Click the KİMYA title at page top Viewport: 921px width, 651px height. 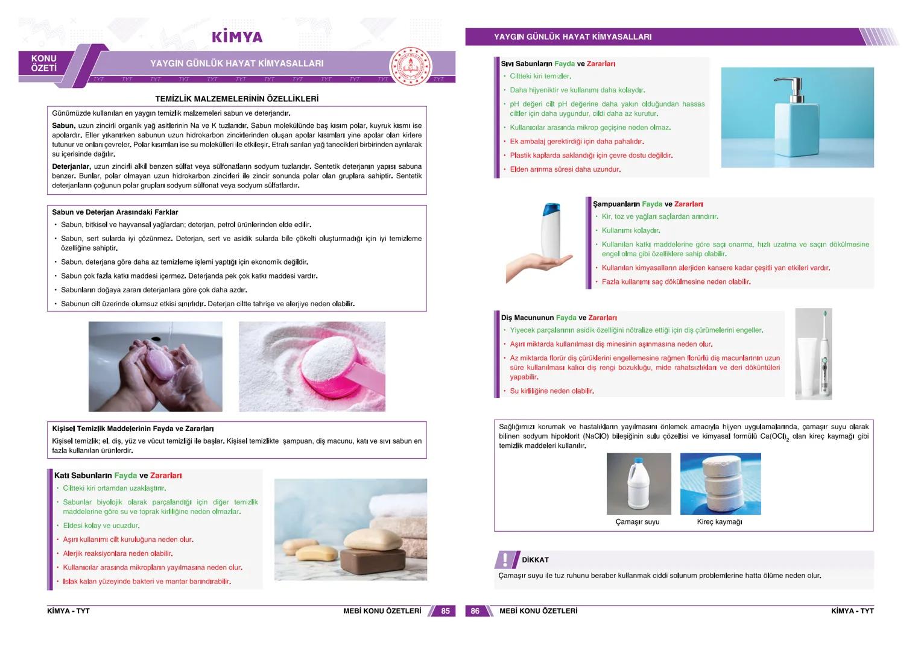point(237,37)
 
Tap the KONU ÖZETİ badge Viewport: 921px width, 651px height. point(44,63)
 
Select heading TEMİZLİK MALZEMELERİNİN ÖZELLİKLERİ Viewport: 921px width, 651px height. point(236,99)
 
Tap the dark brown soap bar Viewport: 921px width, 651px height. point(369,559)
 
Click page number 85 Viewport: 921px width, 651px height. point(445,611)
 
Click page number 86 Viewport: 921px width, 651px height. point(475,611)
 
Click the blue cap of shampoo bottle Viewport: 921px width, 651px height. point(551,210)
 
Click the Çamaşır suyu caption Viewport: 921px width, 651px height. point(638,522)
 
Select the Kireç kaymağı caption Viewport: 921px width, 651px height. point(720,522)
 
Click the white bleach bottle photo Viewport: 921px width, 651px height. point(638,484)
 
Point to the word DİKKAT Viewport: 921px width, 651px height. point(535,560)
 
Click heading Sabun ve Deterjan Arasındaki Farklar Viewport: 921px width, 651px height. point(115,212)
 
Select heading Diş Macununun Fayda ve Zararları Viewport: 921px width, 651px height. point(559,318)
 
